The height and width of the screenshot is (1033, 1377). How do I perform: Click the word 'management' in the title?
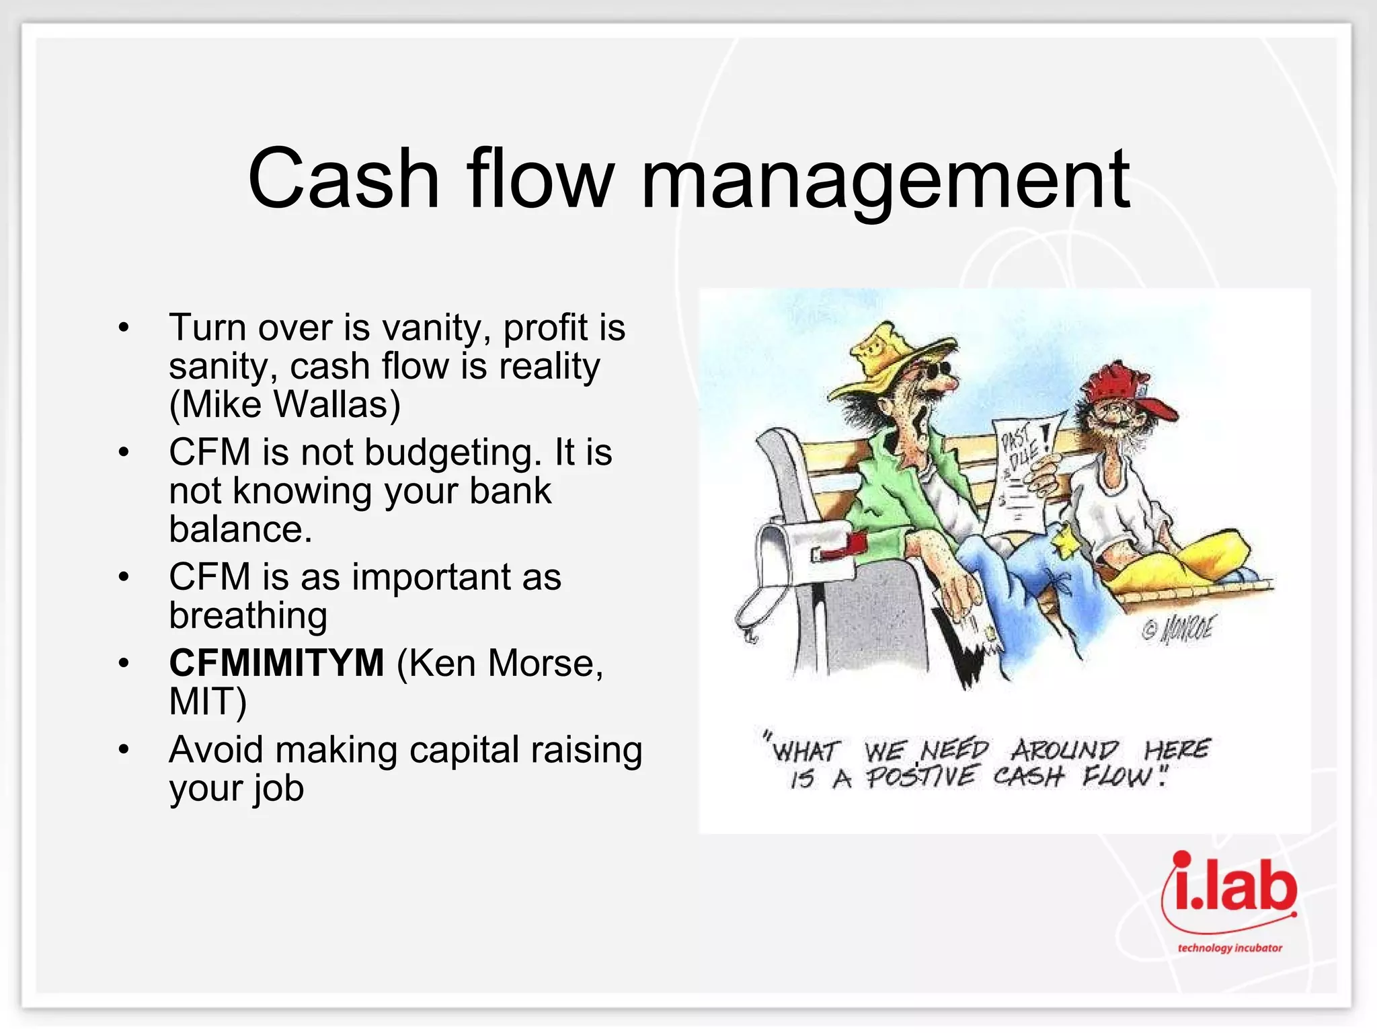coord(886,180)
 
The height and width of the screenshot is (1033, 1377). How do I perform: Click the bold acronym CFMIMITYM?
coord(276,663)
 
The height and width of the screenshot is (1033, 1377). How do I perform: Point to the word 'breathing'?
coord(248,615)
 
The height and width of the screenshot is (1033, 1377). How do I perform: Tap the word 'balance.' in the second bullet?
coord(241,529)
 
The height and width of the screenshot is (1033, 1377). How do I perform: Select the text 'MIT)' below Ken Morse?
coord(208,701)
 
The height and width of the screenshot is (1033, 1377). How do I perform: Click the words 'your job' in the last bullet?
coord(236,788)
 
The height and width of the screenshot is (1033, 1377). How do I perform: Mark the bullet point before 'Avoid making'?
coord(123,750)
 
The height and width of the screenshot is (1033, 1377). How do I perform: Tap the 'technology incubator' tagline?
coord(1230,948)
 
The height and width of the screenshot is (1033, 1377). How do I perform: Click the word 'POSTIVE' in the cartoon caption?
coord(920,778)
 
